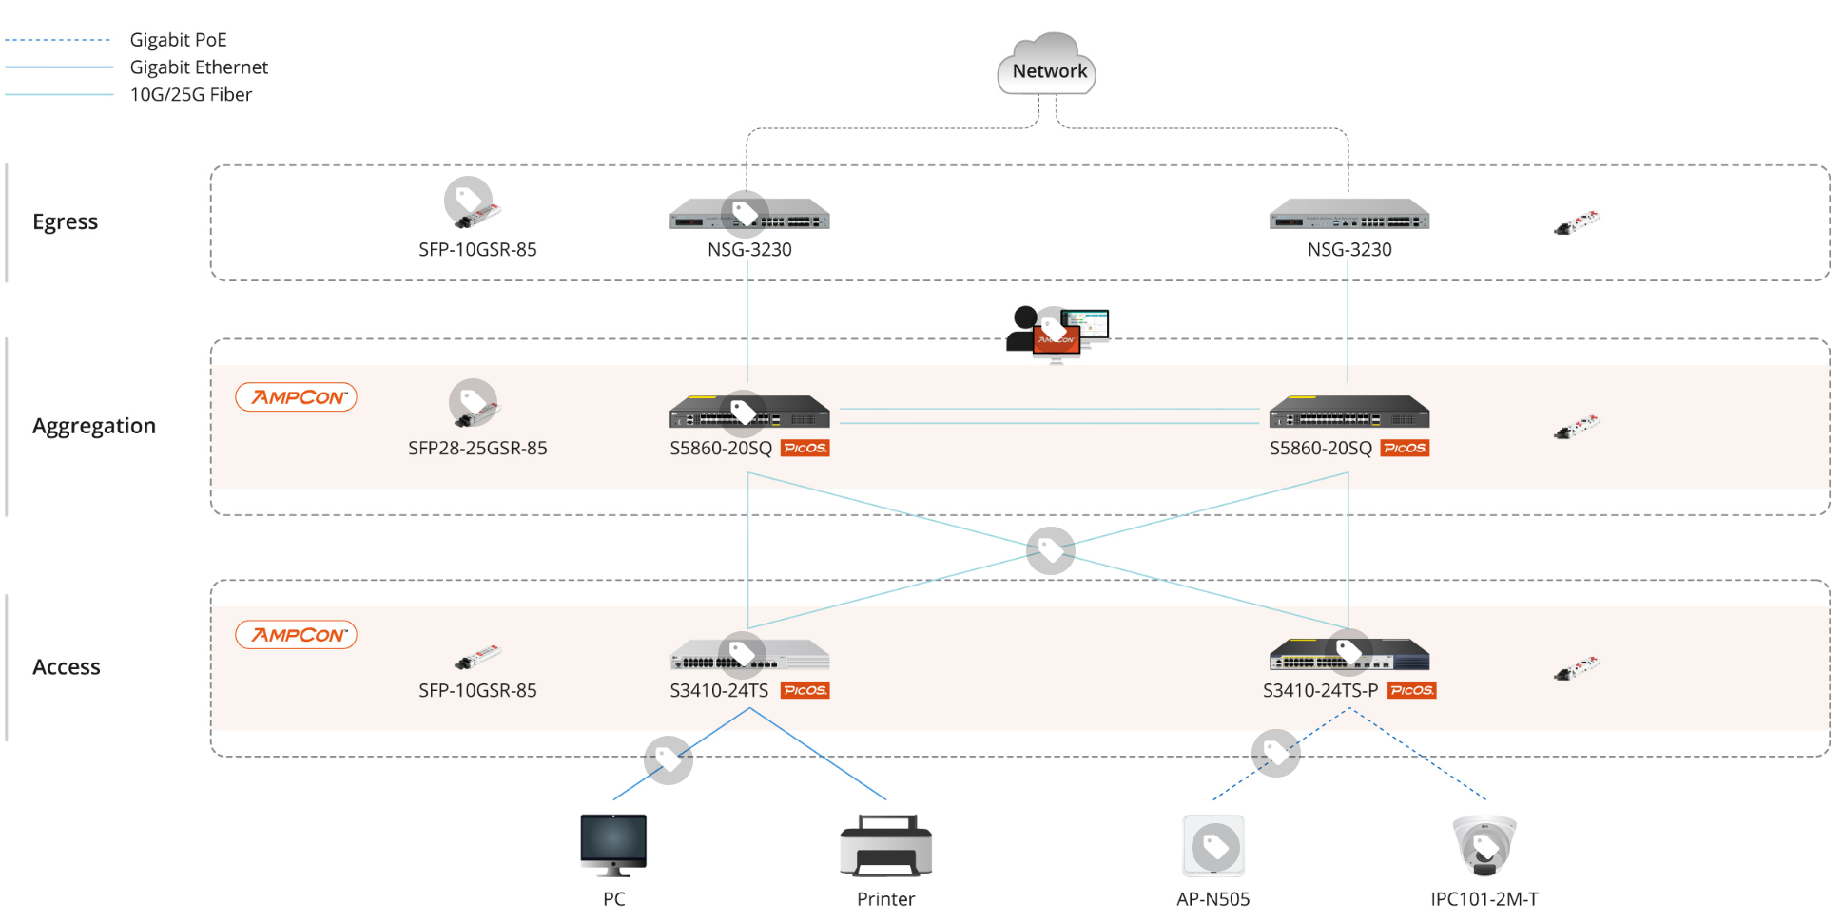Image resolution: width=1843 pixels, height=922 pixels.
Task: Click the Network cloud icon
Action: click(x=1047, y=65)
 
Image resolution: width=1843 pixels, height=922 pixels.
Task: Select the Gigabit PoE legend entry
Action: click(x=178, y=40)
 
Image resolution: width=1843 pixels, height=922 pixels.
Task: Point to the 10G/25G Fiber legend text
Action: click(x=190, y=95)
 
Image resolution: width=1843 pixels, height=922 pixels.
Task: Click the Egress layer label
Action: click(x=65, y=221)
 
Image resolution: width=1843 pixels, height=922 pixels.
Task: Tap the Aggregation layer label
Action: click(x=93, y=426)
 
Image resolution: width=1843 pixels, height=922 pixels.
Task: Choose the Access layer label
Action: click(x=66, y=667)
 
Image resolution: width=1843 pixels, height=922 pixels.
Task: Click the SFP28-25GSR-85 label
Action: click(x=477, y=448)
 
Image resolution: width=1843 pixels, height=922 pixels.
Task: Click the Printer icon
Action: click(x=885, y=846)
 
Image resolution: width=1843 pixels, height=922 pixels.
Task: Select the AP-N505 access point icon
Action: click(x=1213, y=845)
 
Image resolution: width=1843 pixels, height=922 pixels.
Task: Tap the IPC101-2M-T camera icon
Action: click(x=1484, y=845)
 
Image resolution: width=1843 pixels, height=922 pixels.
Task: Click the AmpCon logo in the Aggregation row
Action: click(x=296, y=397)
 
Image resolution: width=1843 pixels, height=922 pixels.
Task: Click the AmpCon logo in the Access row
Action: click(x=296, y=635)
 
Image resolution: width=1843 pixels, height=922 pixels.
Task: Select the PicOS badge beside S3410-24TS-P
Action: click(x=1411, y=690)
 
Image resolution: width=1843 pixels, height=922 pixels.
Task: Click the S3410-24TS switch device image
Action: click(x=749, y=655)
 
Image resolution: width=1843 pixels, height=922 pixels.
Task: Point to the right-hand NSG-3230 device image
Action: click(x=1348, y=216)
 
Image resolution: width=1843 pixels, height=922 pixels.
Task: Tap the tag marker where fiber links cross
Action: click(x=1050, y=550)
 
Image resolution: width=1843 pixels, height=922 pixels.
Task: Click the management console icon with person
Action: click(x=1057, y=334)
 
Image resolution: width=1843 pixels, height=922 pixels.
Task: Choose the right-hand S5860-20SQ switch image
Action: click(x=1348, y=413)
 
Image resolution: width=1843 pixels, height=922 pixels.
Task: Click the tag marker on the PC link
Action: click(x=668, y=759)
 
